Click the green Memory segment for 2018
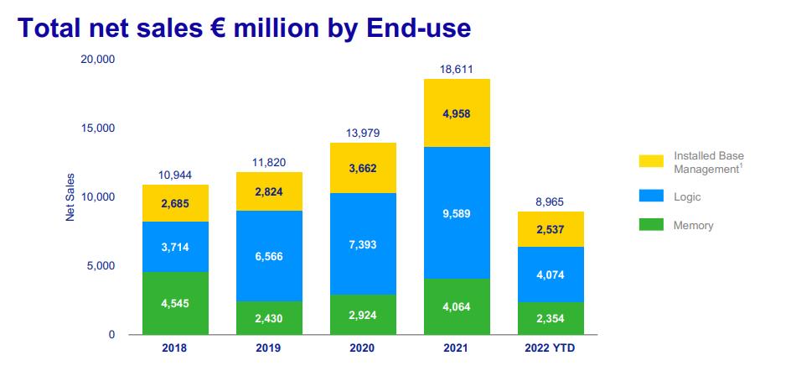click(x=175, y=303)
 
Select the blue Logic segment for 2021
click(x=456, y=213)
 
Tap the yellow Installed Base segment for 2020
click(x=363, y=168)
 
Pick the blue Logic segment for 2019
click(x=269, y=256)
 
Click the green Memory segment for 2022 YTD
click(x=551, y=318)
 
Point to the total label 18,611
click(x=456, y=71)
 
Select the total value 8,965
click(x=551, y=203)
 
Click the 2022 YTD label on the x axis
click(x=551, y=348)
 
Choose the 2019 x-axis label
click(x=269, y=348)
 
